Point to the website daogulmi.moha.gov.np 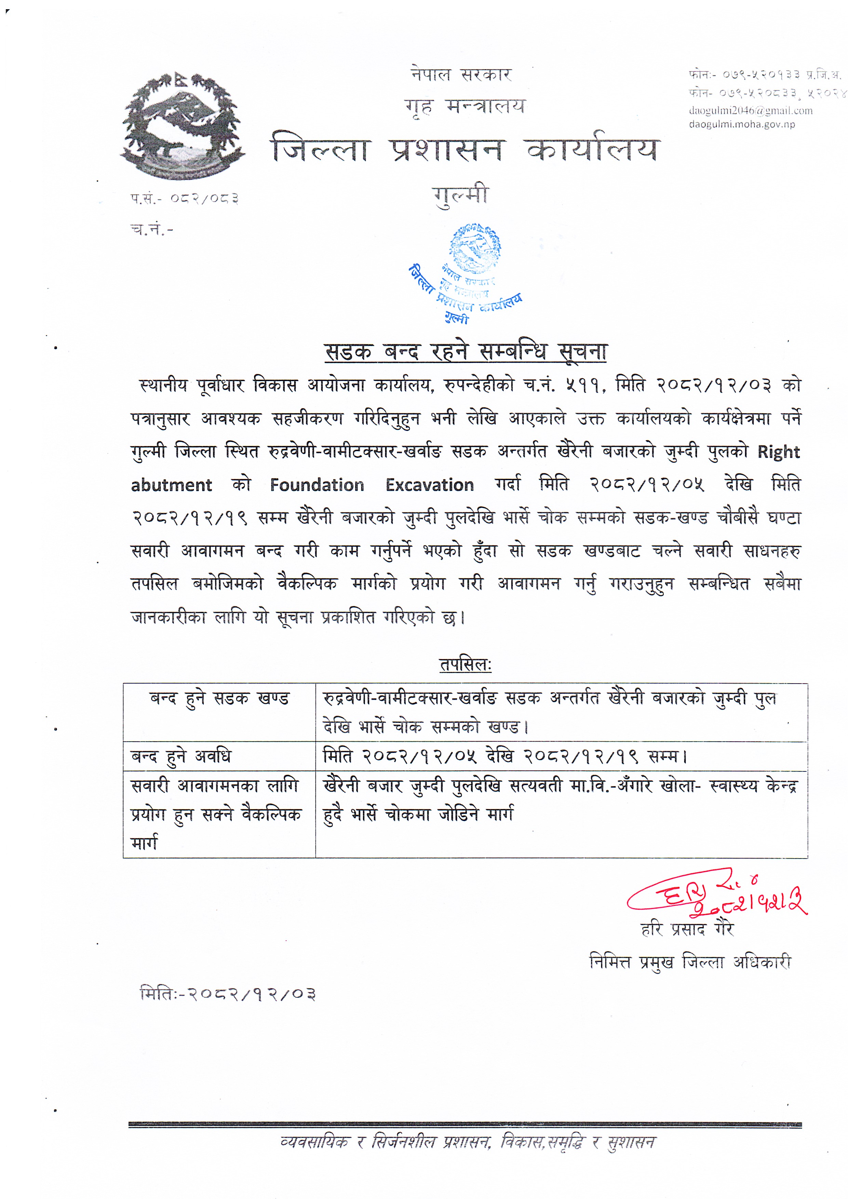coord(741,124)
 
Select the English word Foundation coord(317,485)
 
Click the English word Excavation coord(429,485)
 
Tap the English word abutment coord(171,485)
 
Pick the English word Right coord(779,452)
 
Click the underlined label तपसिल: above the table coord(465,665)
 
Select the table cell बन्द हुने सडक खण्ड coord(219,699)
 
